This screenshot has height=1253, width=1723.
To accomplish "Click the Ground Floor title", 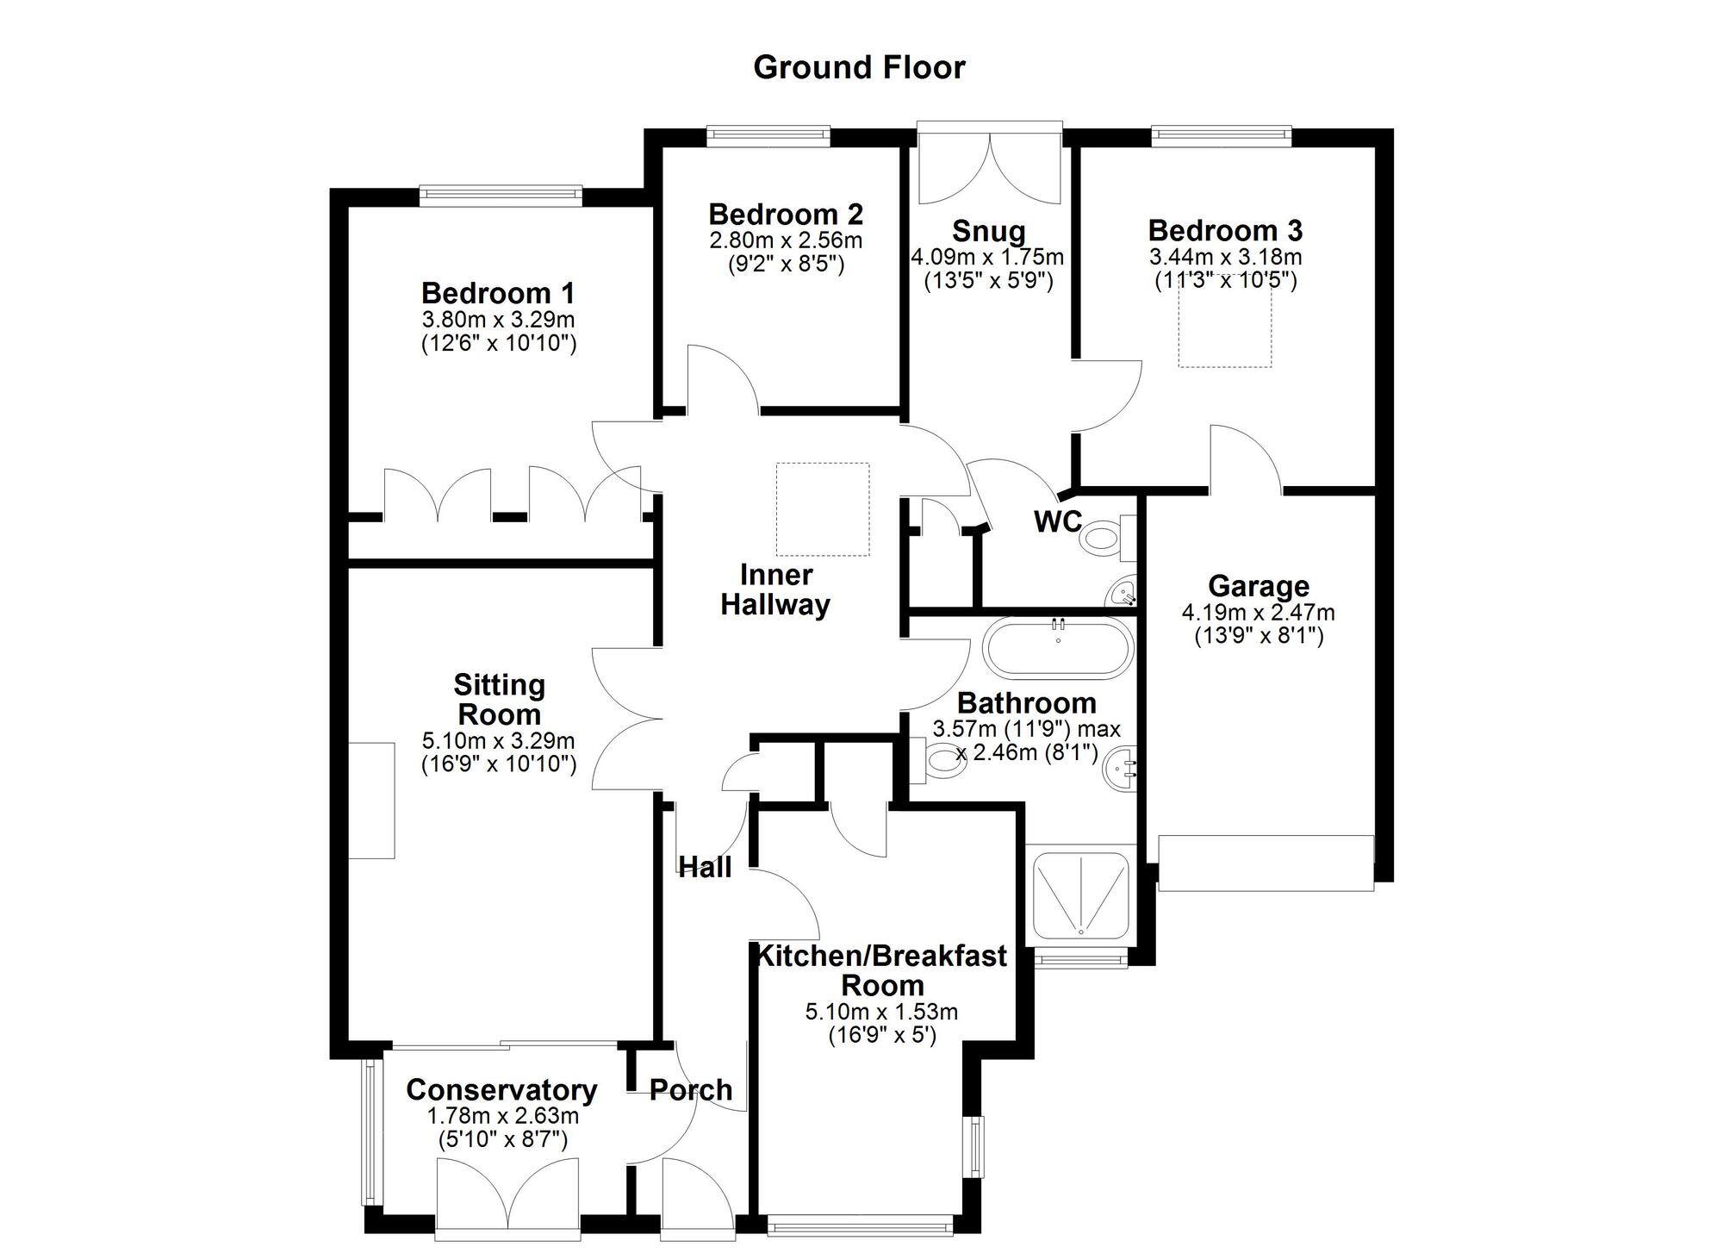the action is point(859,67).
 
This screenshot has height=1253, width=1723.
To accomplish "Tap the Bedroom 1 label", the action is point(498,293).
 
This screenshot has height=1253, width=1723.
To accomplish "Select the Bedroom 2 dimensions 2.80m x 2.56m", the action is point(786,240).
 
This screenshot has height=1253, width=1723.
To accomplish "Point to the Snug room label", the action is point(988,231).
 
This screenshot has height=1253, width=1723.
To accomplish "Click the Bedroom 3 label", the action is point(1225,230).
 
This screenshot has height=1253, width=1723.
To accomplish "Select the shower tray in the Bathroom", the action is point(1080,896).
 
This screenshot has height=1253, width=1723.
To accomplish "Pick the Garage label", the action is point(1259,586).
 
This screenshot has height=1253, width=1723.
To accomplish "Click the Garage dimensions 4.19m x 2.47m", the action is point(1259,613).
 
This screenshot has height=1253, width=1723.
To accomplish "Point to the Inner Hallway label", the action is point(775,589).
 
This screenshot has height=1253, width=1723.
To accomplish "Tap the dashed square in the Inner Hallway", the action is point(823,509).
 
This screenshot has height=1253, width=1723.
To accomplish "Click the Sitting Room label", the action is point(500,700).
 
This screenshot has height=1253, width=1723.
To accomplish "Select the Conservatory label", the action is point(501,1090).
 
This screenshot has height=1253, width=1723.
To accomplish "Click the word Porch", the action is point(691,1090).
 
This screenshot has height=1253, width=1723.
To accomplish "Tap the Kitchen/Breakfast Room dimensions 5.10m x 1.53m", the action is point(881,1012).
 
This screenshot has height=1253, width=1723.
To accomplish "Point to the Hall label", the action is point(706,868).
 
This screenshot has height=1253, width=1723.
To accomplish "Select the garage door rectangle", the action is point(1266,863).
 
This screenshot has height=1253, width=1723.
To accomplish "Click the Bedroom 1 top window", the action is point(501,196).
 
